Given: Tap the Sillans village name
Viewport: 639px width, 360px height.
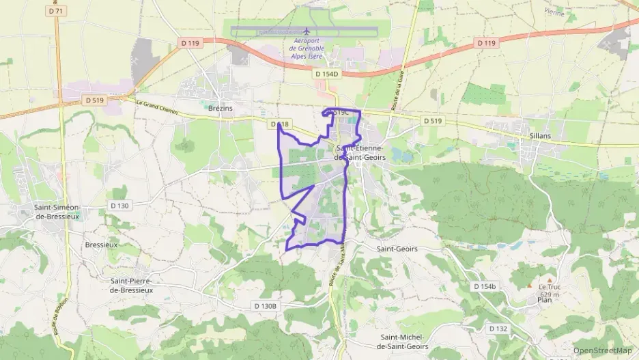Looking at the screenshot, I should pos(539,136).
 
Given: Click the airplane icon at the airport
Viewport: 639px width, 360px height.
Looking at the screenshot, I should pos(307,31).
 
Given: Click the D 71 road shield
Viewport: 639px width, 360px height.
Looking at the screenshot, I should pos(57,12).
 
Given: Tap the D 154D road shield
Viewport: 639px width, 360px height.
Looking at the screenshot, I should pos(327,73).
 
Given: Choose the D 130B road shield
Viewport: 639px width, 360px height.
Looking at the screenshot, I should pos(266,306).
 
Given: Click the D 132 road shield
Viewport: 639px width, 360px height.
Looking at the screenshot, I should pos(498,329).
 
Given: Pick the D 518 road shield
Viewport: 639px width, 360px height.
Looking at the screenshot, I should pos(279,124).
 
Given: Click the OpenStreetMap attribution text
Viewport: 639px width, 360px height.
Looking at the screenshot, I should pos(602,350).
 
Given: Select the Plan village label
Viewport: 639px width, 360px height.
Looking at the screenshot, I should pos(544,299).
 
